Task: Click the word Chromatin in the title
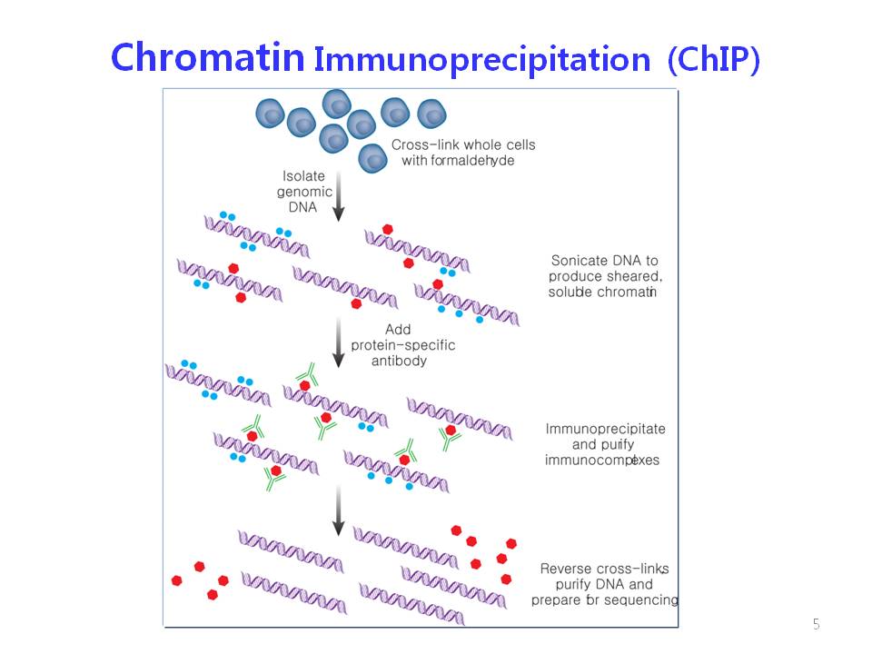click(x=207, y=57)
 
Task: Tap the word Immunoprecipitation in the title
click(x=482, y=61)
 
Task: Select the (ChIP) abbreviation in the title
click(x=714, y=59)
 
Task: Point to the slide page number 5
click(x=816, y=624)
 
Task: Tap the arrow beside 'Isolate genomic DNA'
click(x=338, y=196)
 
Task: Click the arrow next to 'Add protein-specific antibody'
click(x=338, y=342)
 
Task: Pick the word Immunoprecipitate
click(x=605, y=429)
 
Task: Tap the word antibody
click(x=399, y=361)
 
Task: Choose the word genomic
click(x=304, y=193)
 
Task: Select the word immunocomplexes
click(x=601, y=460)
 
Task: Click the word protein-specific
click(x=402, y=345)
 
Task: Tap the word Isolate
click(x=303, y=175)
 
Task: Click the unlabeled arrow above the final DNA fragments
click(x=338, y=510)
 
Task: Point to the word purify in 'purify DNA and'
click(x=573, y=584)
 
